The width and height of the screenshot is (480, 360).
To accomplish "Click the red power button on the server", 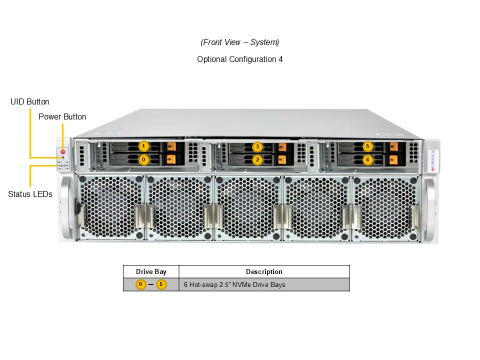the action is tap(63, 151).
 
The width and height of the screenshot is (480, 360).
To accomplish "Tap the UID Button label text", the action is tap(29, 101).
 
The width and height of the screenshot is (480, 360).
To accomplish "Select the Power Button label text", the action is tap(62, 116).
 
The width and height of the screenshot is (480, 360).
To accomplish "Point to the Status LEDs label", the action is tap(30, 194).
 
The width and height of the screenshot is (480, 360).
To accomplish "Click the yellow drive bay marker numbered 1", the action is tap(143, 146).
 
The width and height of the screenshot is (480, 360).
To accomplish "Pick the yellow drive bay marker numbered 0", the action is tap(143, 159).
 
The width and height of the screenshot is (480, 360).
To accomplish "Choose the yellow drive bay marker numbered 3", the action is tap(257, 146).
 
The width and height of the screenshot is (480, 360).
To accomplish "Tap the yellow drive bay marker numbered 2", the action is tap(257, 159).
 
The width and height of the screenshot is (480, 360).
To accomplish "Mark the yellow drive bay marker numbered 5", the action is tap(367, 146).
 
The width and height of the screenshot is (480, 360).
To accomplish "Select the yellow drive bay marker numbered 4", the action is tap(367, 159).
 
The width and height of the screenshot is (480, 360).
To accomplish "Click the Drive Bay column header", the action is tap(151, 271).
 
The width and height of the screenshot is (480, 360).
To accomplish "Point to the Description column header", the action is tap(264, 271).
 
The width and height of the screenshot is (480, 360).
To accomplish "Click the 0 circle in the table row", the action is tap(140, 284).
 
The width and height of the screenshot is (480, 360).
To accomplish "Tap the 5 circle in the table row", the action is tap(161, 284).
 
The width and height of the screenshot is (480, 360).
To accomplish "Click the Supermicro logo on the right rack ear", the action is tap(432, 160).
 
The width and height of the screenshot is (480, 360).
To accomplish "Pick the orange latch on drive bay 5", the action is tap(393, 146).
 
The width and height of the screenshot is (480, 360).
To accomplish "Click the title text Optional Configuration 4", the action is tap(239, 59).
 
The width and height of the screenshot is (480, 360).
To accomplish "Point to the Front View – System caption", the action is tap(239, 42).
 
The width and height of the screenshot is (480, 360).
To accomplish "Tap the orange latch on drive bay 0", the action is tap(171, 159).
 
